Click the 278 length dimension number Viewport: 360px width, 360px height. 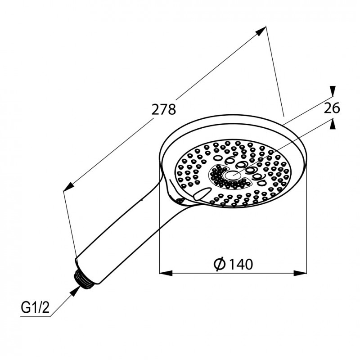(x=163, y=109)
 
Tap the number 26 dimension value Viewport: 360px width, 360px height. (x=331, y=108)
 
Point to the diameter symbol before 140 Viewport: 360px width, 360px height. (x=220, y=264)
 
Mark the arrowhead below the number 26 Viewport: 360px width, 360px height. (x=332, y=125)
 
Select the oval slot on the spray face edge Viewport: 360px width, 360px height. (x=202, y=194)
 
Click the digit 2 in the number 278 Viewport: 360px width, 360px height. (x=154, y=109)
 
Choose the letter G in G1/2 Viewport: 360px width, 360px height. (x=25, y=309)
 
